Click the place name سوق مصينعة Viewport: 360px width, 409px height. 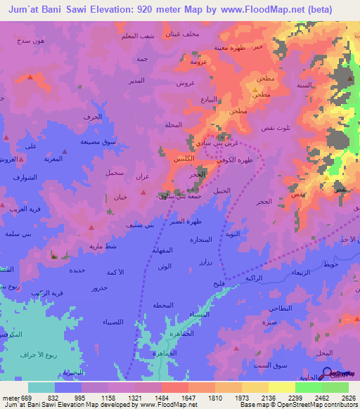tap(98, 142)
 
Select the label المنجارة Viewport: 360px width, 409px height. tap(200, 239)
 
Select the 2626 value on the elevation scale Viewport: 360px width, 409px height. tap(348, 398)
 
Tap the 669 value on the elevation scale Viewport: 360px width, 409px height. tap(26, 398)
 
